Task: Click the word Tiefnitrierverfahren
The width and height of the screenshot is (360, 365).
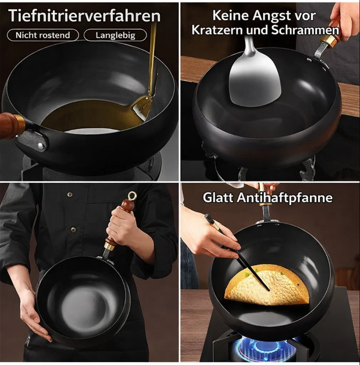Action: [84, 16]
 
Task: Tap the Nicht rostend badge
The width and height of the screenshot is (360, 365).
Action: [43, 35]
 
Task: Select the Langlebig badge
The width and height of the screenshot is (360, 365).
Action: [115, 35]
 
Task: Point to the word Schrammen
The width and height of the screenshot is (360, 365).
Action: [305, 30]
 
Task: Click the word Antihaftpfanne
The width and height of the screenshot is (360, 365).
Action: [285, 198]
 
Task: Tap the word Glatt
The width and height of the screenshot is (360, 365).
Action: [218, 198]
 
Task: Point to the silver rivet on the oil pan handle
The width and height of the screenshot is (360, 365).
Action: [41, 146]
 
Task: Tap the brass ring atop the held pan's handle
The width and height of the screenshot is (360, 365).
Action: [132, 196]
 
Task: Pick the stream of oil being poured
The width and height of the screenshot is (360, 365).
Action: [153, 58]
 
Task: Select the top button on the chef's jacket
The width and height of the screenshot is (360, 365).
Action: [69, 194]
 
